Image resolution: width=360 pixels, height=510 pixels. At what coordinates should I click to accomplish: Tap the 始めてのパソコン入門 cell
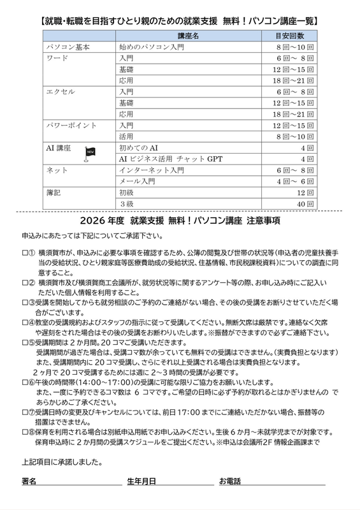(152, 47)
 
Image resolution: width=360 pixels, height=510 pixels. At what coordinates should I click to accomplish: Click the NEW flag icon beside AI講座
(89, 153)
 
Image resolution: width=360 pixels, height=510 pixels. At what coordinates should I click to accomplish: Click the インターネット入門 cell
(151, 170)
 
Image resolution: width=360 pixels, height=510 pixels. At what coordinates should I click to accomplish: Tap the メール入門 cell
(137, 181)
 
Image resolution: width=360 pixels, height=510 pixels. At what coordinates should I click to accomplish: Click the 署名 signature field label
(29, 480)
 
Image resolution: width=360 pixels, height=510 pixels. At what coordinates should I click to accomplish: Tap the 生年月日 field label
(141, 480)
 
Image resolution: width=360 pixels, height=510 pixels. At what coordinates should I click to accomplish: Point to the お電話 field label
(230, 480)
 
